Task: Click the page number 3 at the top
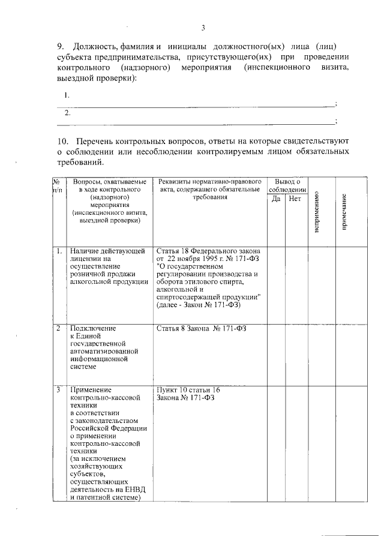[x=203, y=28]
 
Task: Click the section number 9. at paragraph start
[x=60, y=47]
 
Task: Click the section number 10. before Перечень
[x=62, y=140]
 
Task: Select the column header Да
[x=276, y=199]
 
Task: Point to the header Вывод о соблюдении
[x=286, y=185]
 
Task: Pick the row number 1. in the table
[x=58, y=251]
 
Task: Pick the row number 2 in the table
[x=58, y=328]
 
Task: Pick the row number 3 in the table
[x=58, y=389]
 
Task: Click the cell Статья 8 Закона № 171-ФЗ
[x=201, y=328]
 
